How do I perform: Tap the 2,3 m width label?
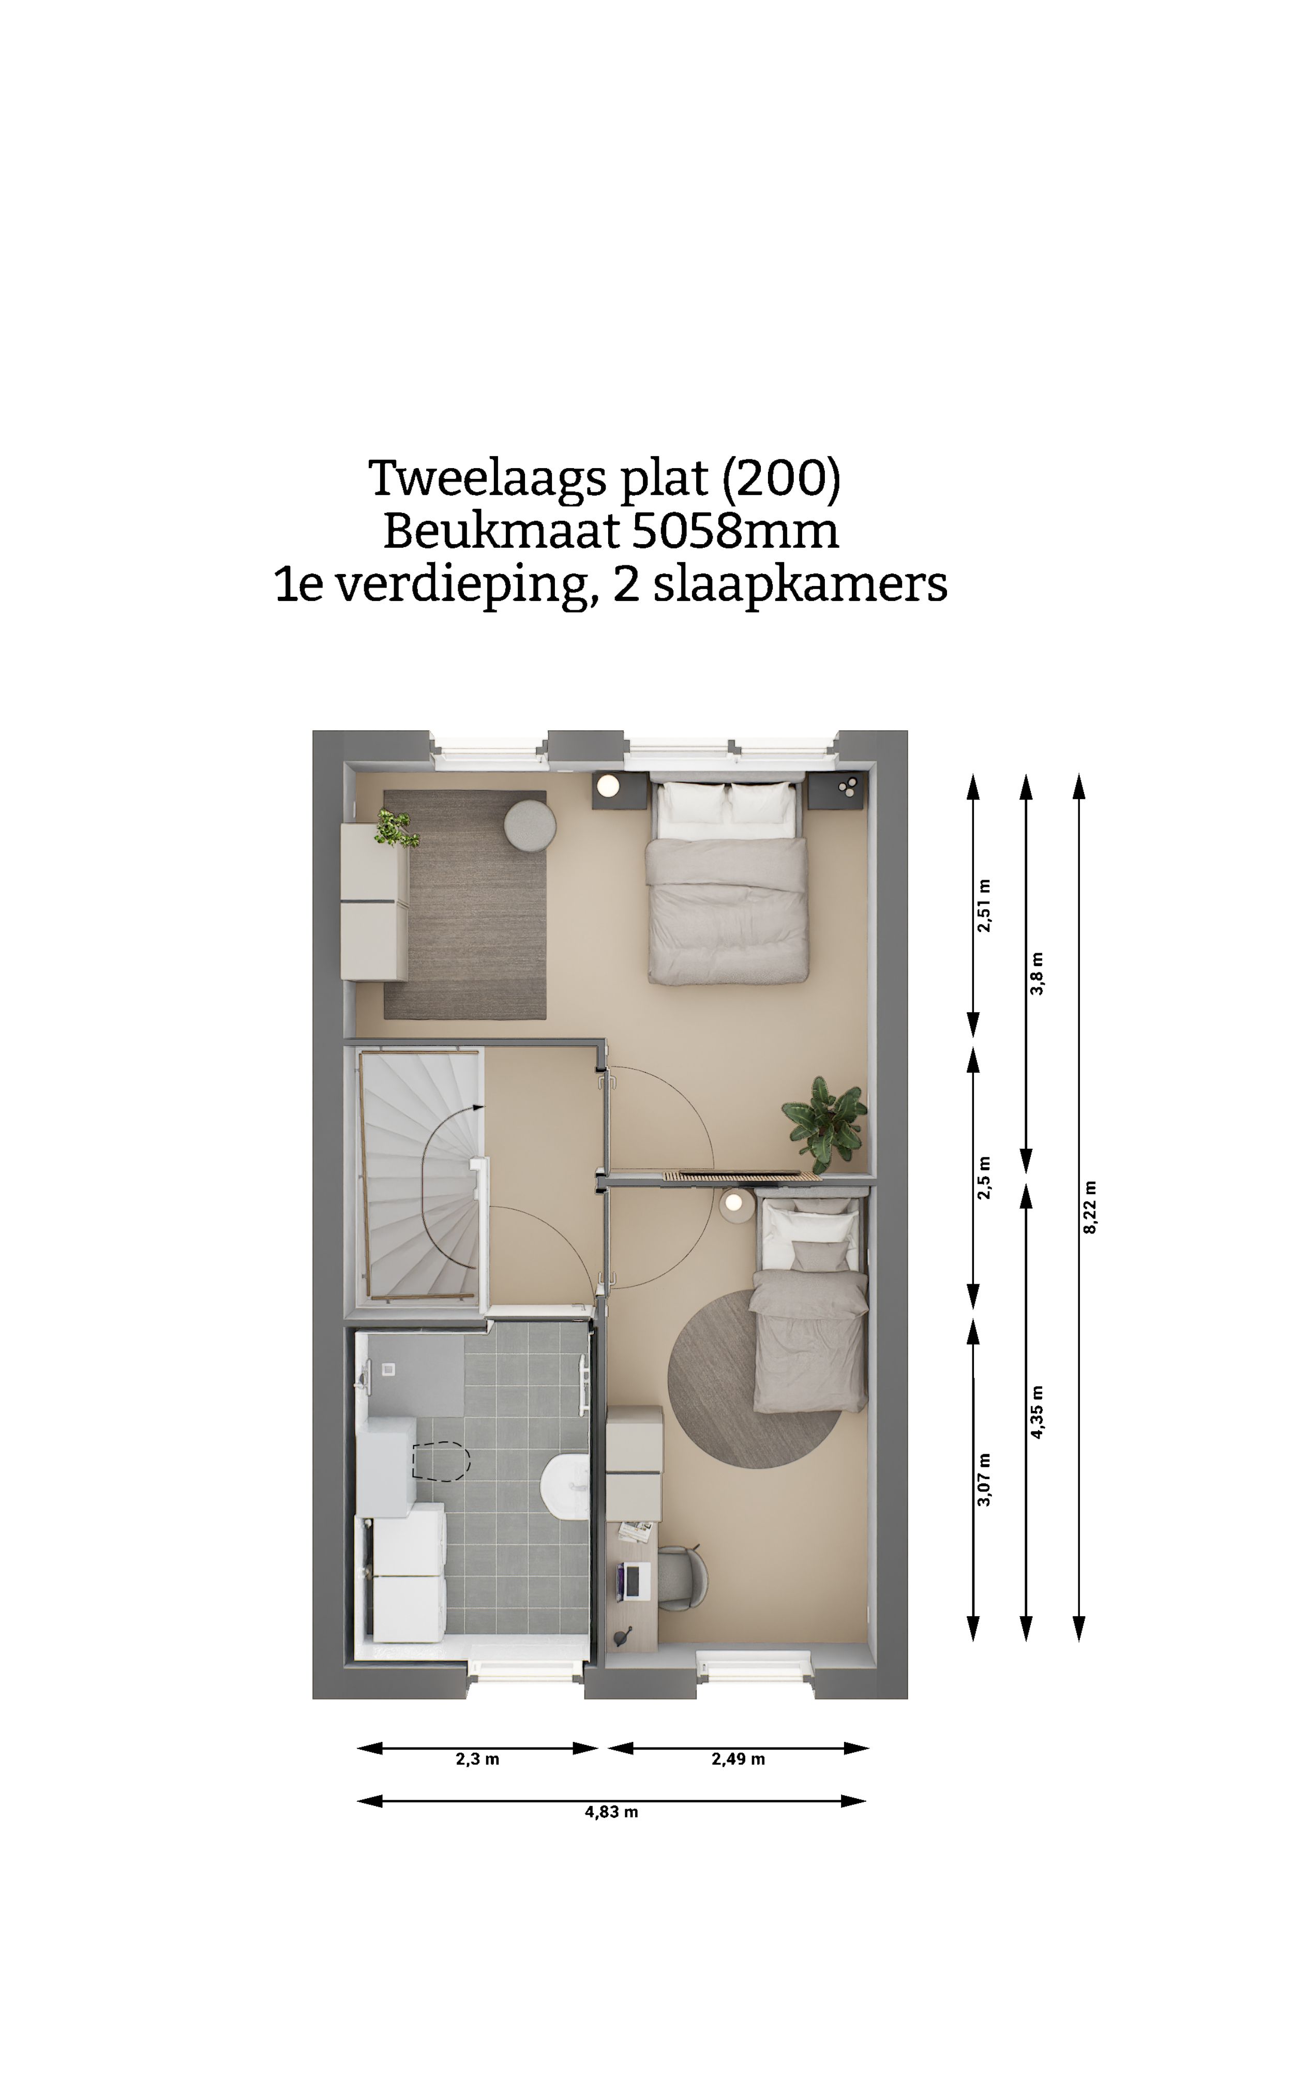click(477, 1759)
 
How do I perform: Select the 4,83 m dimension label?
click(611, 1812)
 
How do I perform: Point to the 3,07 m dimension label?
click(984, 1479)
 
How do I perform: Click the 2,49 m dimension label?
click(738, 1759)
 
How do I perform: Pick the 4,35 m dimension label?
click(1038, 1412)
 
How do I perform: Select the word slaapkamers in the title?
click(800, 585)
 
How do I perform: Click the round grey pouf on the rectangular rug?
click(529, 825)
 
